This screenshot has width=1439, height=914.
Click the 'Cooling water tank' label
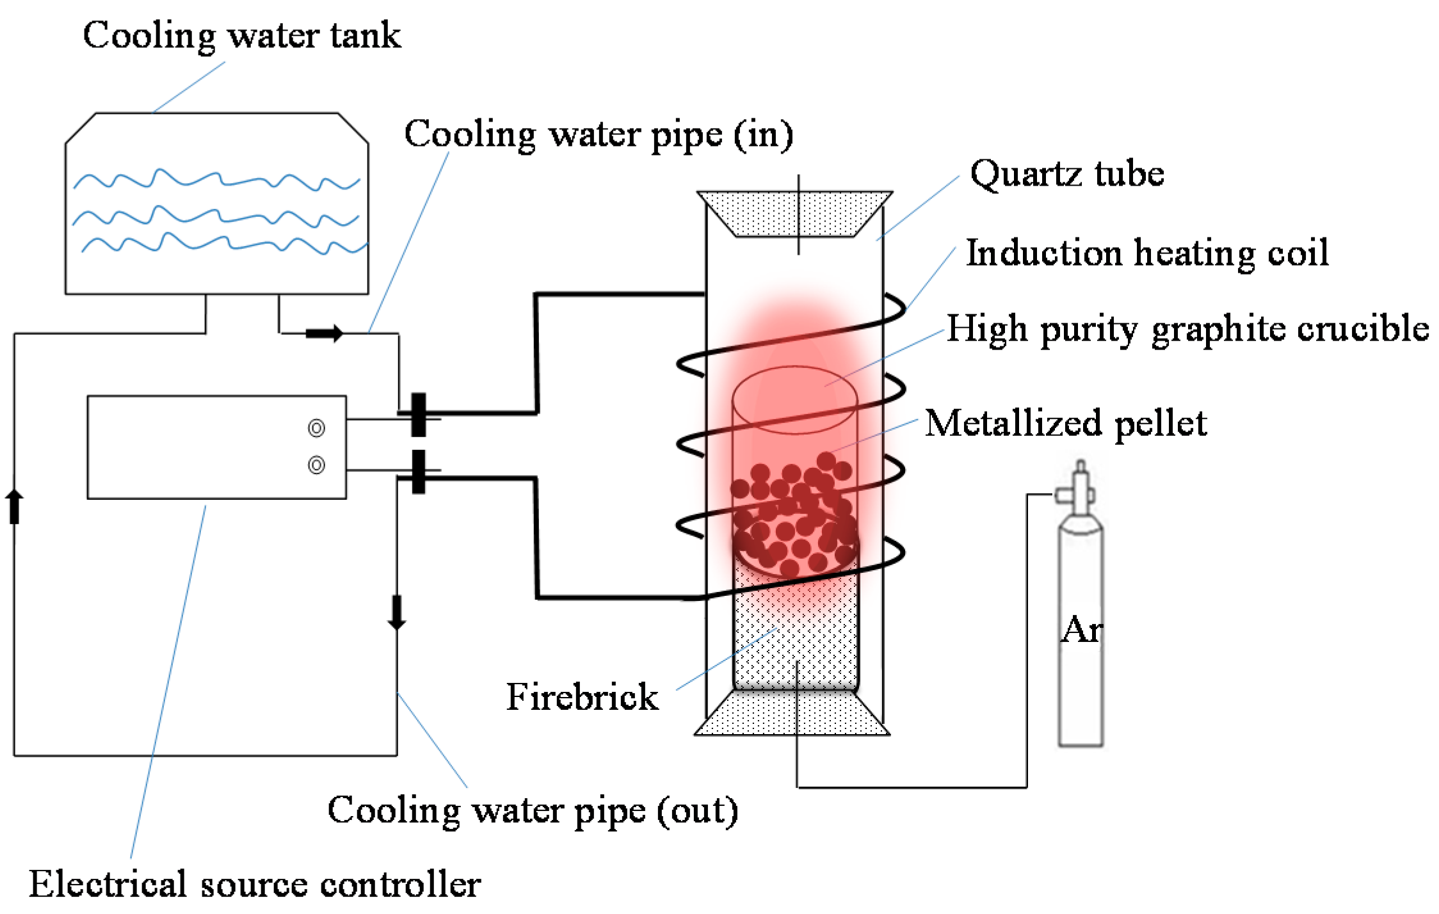242,36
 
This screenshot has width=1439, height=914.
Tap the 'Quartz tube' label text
1067,174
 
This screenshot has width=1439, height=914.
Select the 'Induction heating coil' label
1147,253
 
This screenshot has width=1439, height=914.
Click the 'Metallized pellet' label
1066,424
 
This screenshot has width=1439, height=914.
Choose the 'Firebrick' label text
582,696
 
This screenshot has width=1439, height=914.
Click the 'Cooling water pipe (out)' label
533,812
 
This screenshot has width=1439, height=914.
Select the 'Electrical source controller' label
255,885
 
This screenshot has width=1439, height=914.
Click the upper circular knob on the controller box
316,428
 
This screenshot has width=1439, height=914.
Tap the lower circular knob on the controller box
316,465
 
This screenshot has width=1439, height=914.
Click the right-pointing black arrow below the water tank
325,333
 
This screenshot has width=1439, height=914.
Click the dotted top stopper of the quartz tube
794,214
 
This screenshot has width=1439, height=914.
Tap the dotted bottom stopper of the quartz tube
792,713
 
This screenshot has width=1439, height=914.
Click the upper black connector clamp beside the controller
419,415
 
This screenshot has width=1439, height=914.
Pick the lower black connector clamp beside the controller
419,472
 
